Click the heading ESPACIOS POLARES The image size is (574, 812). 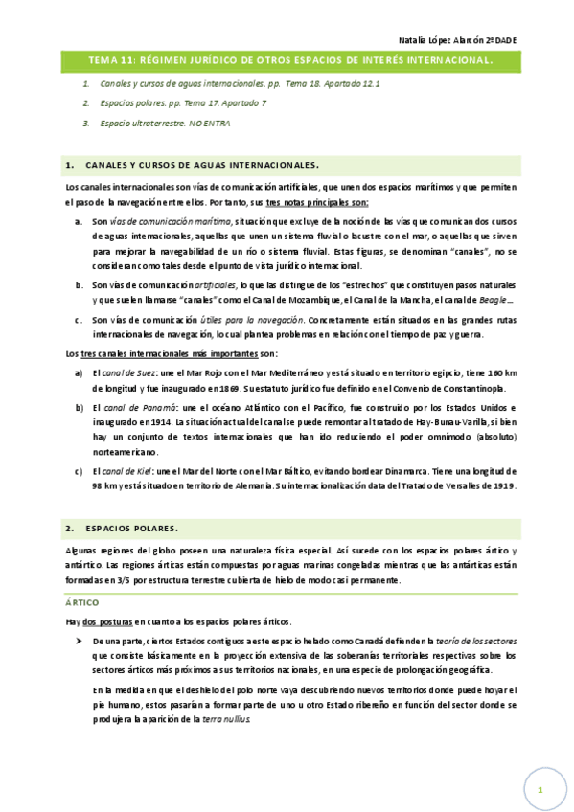pos(137,528)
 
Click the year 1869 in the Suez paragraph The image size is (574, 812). pos(241,388)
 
